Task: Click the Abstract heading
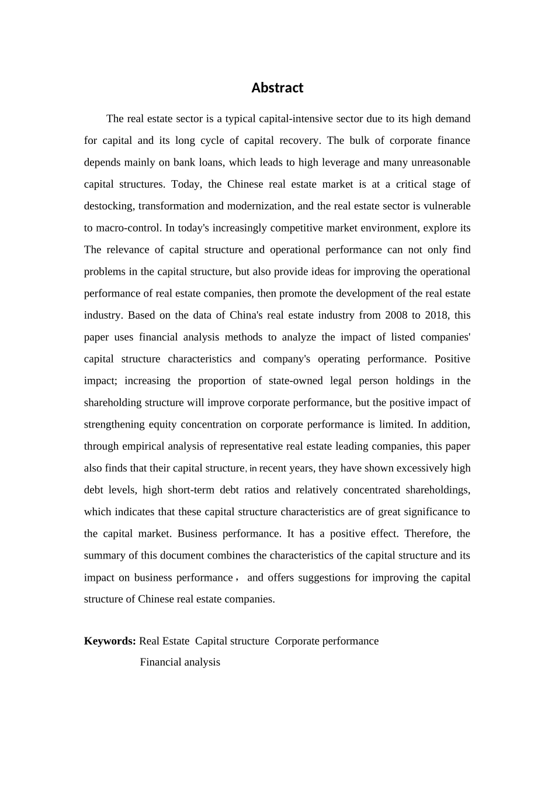tap(277, 88)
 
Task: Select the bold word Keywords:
tap(110, 641)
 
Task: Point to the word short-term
tap(190, 489)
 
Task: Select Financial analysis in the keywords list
tap(180, 662)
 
